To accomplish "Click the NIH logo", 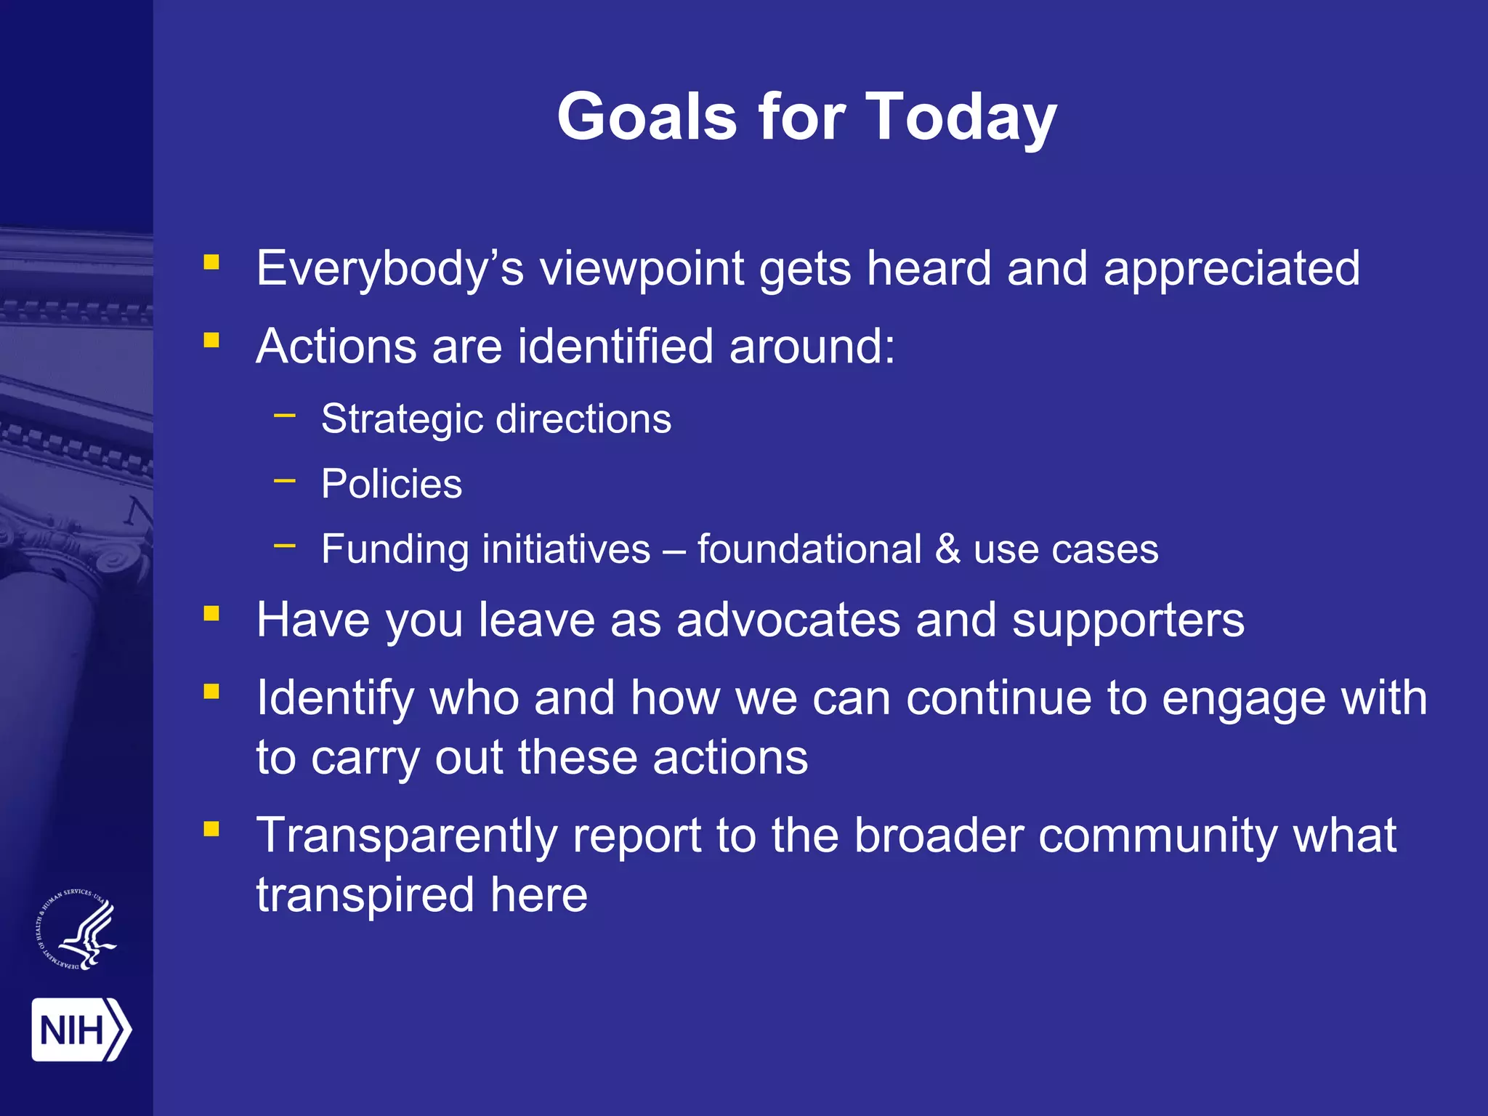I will pos(81,1030).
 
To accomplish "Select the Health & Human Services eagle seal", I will pos(77,929).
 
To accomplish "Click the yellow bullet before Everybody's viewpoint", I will pos(211,262).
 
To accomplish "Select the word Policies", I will pos(392,484).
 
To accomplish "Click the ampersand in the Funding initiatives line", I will pos(947,549).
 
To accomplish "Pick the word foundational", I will pos(809,549).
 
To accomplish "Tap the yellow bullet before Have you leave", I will pos(211,614).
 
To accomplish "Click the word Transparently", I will pos(406,836).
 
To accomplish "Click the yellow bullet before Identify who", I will pos(211,691).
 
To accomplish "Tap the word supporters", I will pos(1128,620).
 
